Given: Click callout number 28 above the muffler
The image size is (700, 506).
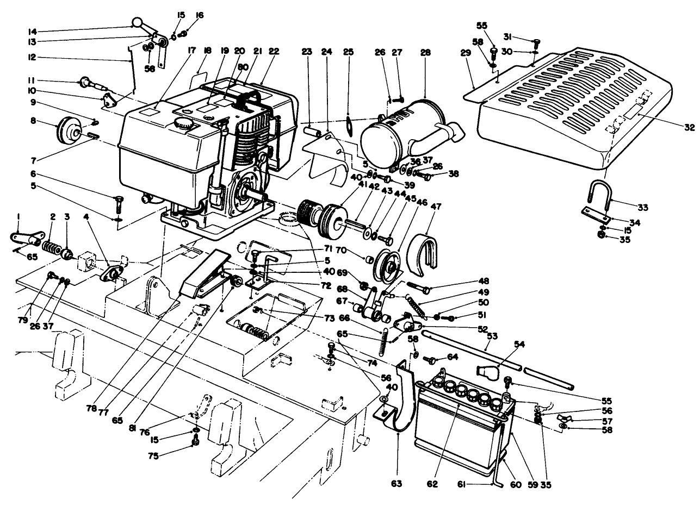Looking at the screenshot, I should (x=425, y=52).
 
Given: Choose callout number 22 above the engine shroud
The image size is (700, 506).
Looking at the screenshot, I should (x=274, y=52).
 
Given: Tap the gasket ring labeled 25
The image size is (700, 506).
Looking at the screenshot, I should (x=348, y=122).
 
